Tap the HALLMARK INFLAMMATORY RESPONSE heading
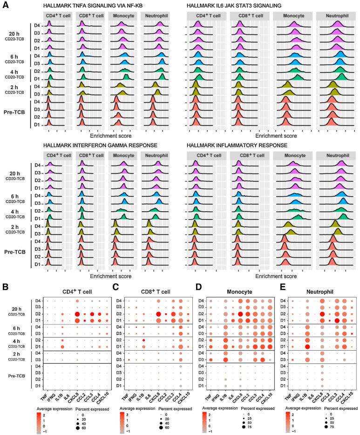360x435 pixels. tap(234, 145)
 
